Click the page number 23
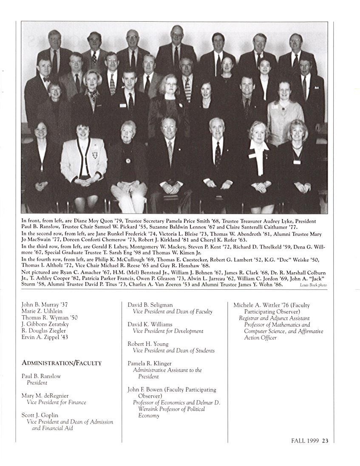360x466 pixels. coord(325,441)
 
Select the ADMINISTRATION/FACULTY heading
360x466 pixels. coord(62,363)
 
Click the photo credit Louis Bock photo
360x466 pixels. coord(313,285)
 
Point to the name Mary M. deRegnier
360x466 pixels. coord(45,395)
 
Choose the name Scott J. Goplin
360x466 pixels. coord(40,415)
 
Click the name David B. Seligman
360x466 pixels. coord(150,305)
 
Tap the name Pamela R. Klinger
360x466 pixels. coord(150,364)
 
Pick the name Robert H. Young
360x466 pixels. coord(148,344)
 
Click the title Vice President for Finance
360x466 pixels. coord(56,402)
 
